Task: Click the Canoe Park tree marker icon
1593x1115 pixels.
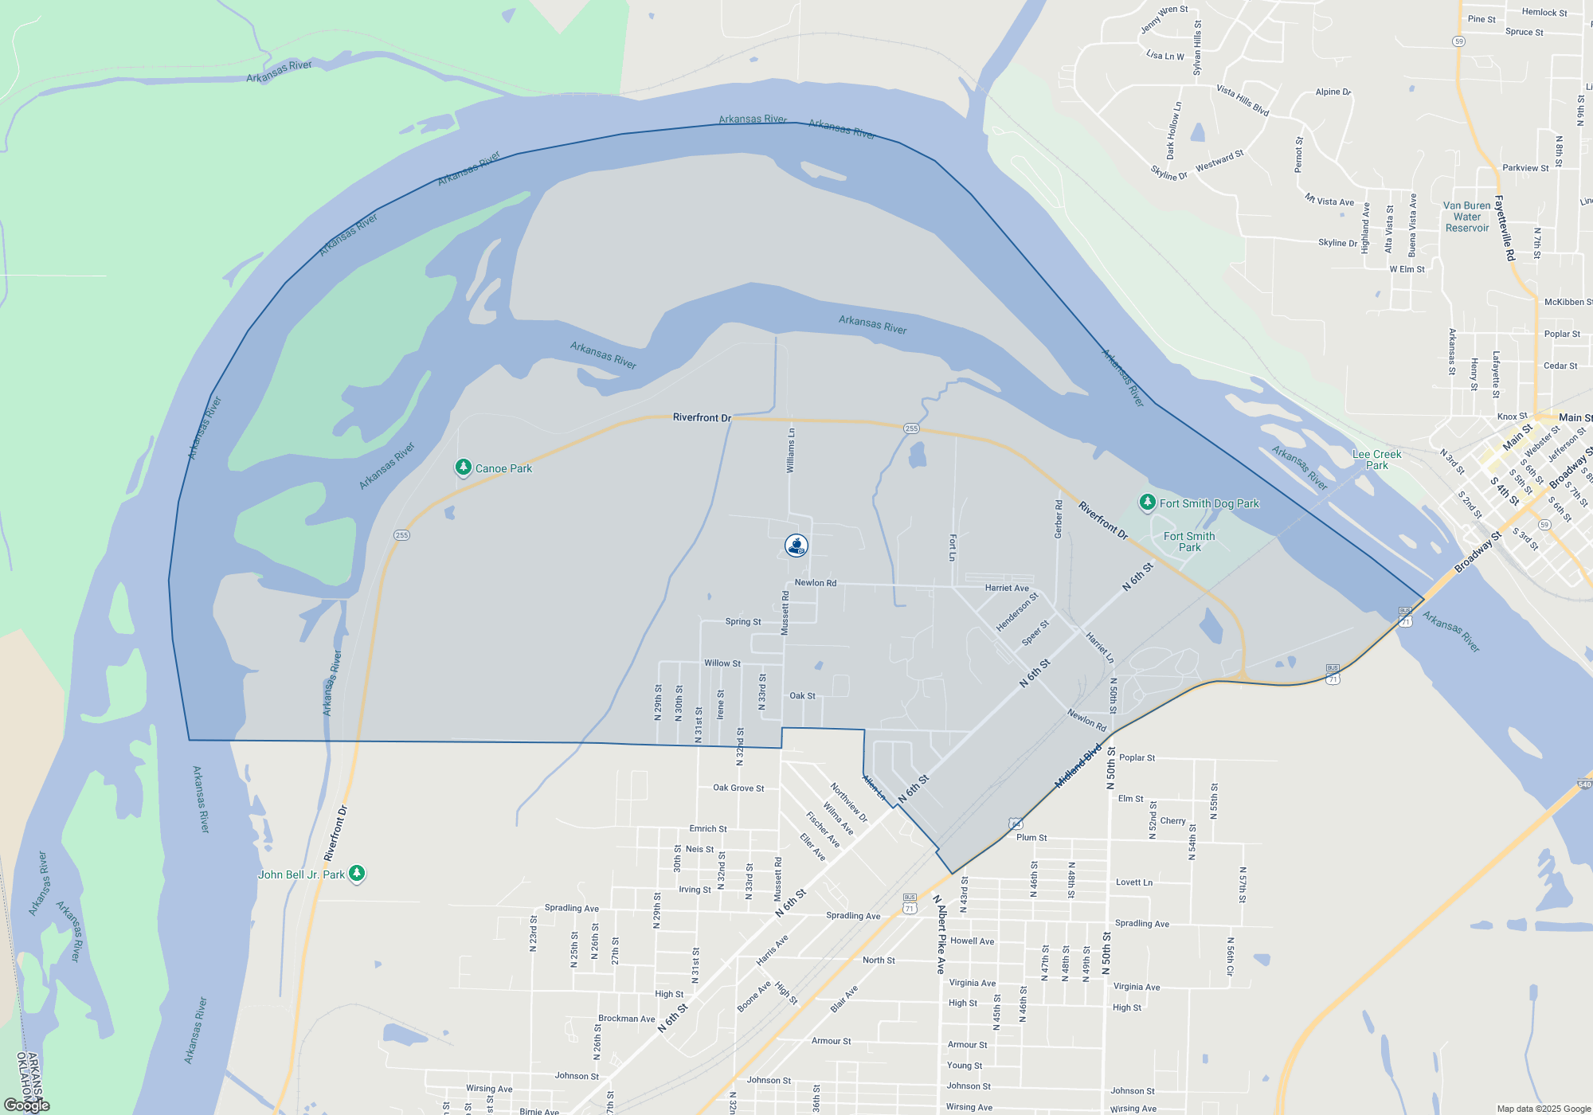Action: [463, 468]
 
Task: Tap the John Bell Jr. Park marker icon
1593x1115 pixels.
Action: [357, 874]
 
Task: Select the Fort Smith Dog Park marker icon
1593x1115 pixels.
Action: [1147, 502]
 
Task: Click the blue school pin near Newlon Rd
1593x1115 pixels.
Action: [796, 546]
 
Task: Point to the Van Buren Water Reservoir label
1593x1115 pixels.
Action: [1466, 217]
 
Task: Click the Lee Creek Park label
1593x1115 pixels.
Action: [1376, 460]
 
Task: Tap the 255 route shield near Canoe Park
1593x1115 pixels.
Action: [401, 535]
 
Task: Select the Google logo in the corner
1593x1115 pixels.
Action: [26, 1105]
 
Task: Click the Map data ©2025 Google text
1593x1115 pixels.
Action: [1543, 1109]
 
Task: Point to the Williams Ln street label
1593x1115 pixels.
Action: [791, 451]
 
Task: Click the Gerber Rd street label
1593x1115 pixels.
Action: [1059, 518]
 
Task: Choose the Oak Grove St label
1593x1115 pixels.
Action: [738, 788]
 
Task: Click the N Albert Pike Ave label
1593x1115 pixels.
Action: [941, 934]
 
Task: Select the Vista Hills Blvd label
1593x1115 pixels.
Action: [1242, 100]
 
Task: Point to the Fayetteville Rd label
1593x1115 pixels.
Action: [1505, 228]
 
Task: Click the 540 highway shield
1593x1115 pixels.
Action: [1584, 784]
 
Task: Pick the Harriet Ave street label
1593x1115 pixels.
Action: [1007, 588]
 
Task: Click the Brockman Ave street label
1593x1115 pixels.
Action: [626, 1019]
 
